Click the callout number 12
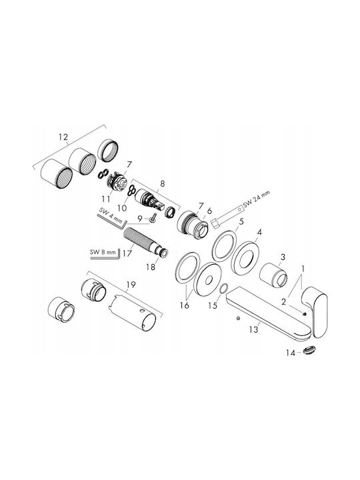63,137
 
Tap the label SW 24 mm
257,199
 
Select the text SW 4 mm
111,215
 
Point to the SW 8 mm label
103,252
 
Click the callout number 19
131,285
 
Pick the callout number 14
291,353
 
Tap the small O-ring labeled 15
224,289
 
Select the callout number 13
254,329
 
